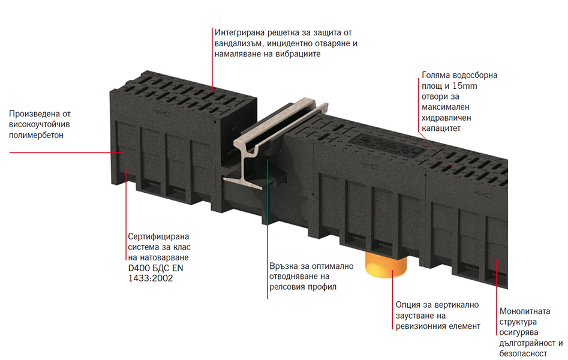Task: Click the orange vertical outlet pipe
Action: click(385, 264)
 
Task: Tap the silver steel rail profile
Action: click(275, 142)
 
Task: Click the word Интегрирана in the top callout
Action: click(239, 32)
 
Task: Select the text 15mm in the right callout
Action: click(465, 86)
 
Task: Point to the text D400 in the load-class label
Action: click(137, 268)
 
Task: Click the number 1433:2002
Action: click(151, 278)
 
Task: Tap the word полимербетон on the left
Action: click(36, 135)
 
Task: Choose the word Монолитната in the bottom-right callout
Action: click(525, 311)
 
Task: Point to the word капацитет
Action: click(441, 128)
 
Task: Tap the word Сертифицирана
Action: click(158, 237)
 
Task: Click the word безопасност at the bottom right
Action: click(523, 353)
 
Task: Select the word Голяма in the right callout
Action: click(436, 76)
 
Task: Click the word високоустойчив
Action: click(39, 125)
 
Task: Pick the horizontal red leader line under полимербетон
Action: click(65, 152)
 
